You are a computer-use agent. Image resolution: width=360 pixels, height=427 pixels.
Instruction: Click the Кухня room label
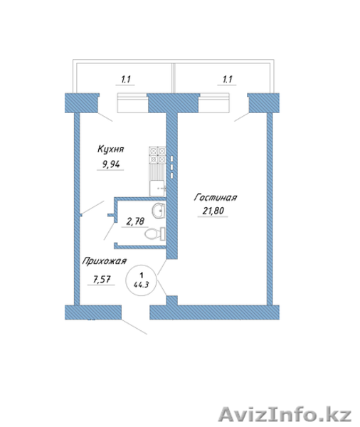[110, 149]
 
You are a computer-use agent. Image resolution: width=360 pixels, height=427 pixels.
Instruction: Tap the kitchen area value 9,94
[111, 164]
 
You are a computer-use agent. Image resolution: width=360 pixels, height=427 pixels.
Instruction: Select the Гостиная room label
[216, 197]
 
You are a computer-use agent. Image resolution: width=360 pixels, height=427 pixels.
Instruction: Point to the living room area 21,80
[213, 211]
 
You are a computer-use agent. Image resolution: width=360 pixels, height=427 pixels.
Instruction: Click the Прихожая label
[105, 261]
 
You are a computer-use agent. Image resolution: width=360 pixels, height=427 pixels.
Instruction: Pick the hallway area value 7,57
[102, 279]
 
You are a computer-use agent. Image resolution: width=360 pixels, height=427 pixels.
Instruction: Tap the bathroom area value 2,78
[135, 221]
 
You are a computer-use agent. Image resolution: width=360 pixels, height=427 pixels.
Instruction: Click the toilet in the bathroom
[154, 233]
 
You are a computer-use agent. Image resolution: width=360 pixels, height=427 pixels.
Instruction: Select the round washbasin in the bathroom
[159, 211]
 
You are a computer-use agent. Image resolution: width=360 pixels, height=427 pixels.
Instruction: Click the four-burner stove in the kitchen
[157, 155]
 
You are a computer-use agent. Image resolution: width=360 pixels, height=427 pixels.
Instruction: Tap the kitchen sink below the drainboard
[157, 188]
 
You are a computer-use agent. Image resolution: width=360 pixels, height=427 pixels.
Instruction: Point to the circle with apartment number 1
[141, 281]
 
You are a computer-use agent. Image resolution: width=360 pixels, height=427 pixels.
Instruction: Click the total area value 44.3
[141, 285]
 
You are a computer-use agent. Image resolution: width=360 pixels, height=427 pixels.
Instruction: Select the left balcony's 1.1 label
[126, 80]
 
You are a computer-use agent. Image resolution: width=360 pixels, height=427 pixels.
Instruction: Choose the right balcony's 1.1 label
[228, 80]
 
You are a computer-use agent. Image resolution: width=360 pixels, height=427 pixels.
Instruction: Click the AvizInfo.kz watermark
[285, 416]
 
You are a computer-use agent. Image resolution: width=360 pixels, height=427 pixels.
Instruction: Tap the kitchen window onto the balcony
[132, 103]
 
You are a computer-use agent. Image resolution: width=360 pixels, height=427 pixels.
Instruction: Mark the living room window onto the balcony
[213, 103]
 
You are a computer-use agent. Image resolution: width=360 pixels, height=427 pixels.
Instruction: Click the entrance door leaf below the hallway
[134, 327]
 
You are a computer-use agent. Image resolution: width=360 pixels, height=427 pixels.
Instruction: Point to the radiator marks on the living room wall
[172, 167]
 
